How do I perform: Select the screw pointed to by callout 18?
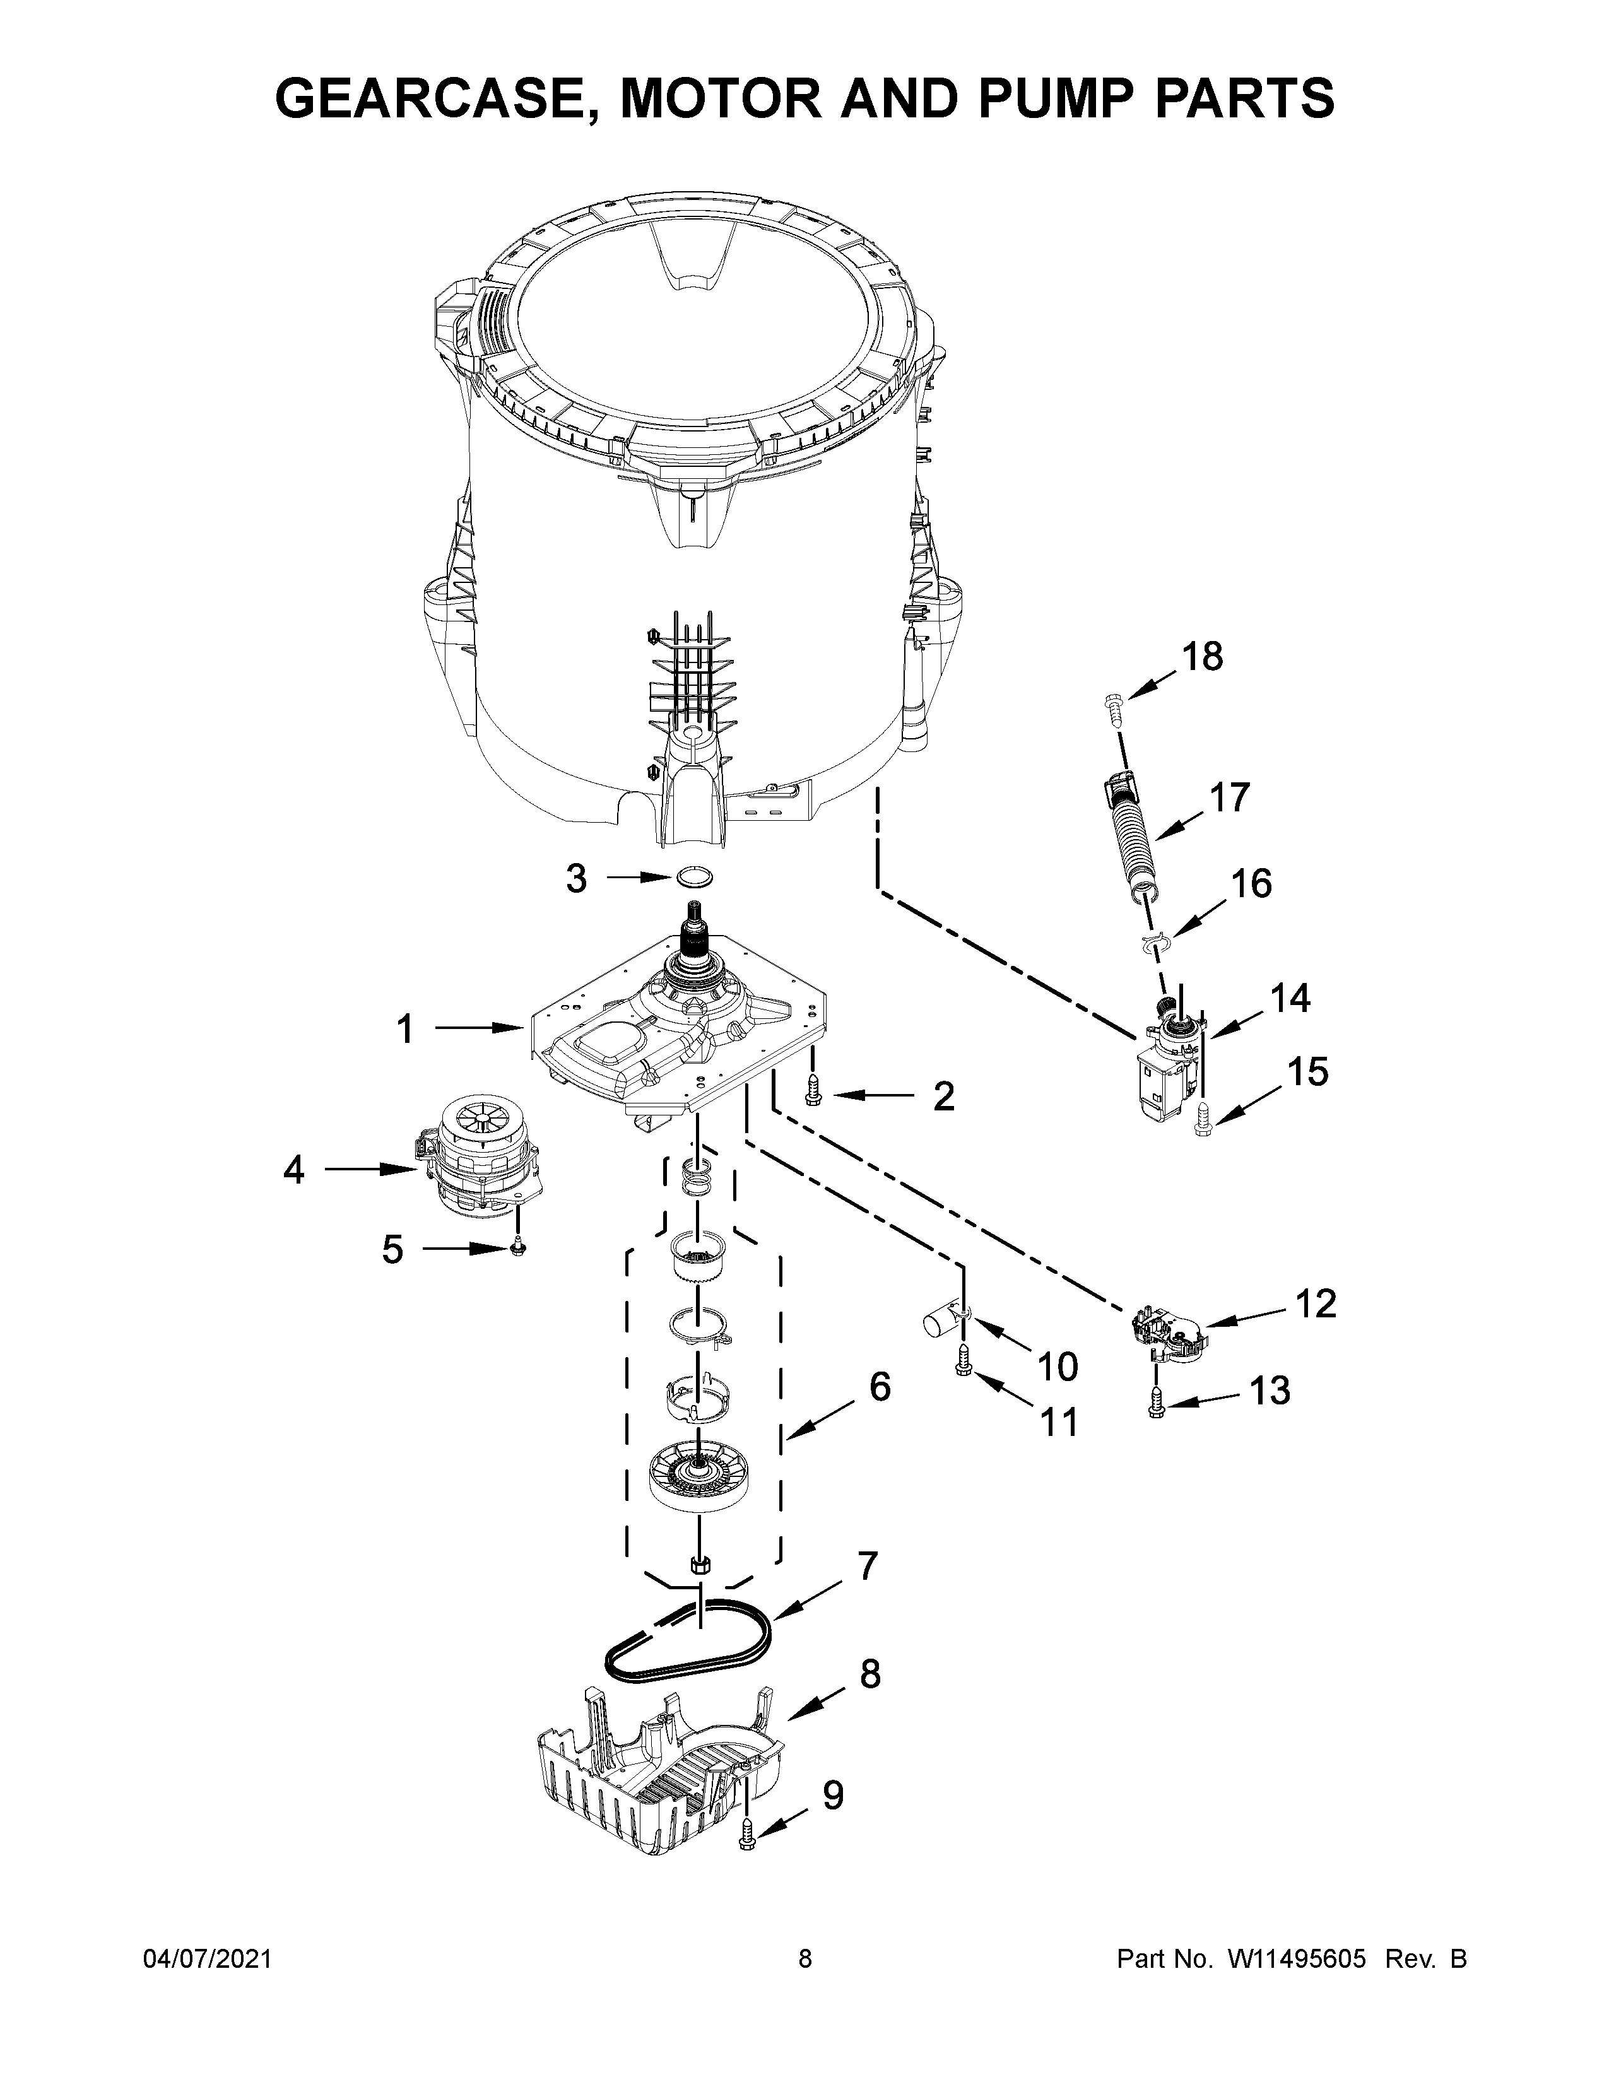(1113, 703)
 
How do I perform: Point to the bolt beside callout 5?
(517, 1246)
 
